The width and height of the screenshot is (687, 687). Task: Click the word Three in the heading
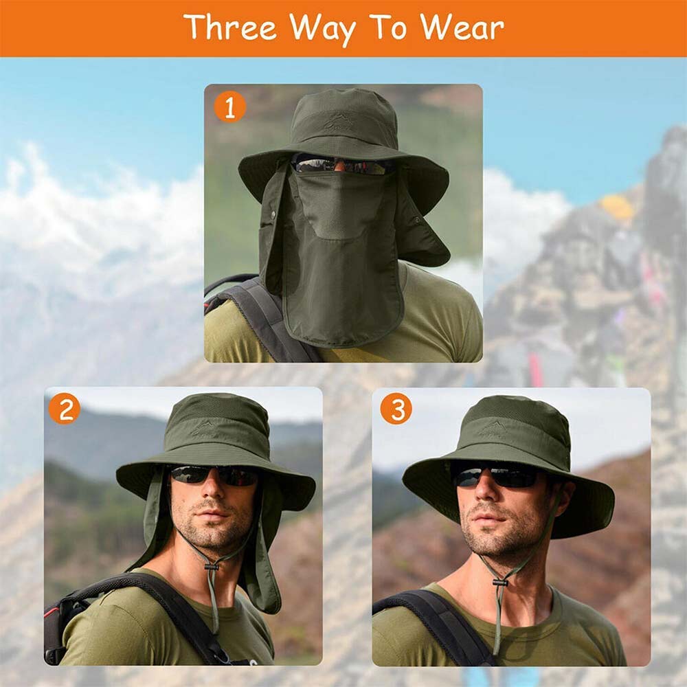(230, 27)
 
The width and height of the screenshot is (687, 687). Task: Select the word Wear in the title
(462, 27)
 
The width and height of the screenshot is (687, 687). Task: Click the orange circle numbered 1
(230, 106)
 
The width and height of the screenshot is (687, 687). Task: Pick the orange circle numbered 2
(65, 408)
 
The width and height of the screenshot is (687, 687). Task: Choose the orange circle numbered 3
(396, 409)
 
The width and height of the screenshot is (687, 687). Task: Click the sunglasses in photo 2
(214, 475)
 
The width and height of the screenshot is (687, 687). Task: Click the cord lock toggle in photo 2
(212, 567)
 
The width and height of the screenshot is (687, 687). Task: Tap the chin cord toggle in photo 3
(500, 583)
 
